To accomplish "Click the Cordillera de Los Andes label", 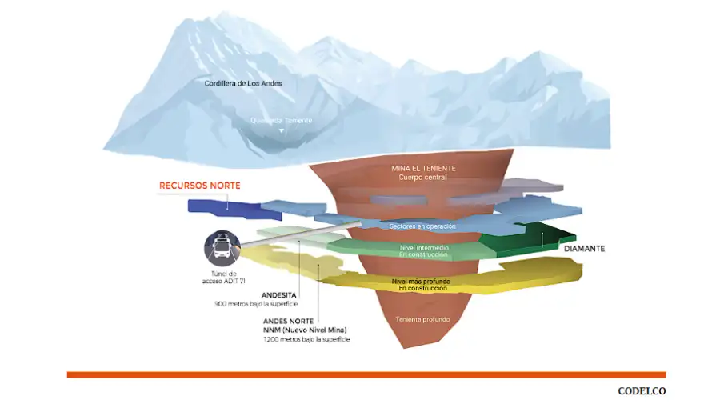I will click(243, 83).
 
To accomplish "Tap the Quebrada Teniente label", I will click(281, 121).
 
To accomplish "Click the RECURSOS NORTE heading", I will click(200, 186).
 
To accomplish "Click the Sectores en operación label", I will click(422, 226).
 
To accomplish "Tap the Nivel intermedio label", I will click(424, 248).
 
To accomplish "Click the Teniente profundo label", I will click(422, 320).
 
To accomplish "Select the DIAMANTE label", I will click(584, 249).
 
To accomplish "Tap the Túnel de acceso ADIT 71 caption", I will click(222, 278).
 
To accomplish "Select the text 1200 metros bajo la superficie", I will click(306, 340).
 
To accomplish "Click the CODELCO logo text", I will click(641, 391).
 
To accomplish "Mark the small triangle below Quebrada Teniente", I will click(281, 130).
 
